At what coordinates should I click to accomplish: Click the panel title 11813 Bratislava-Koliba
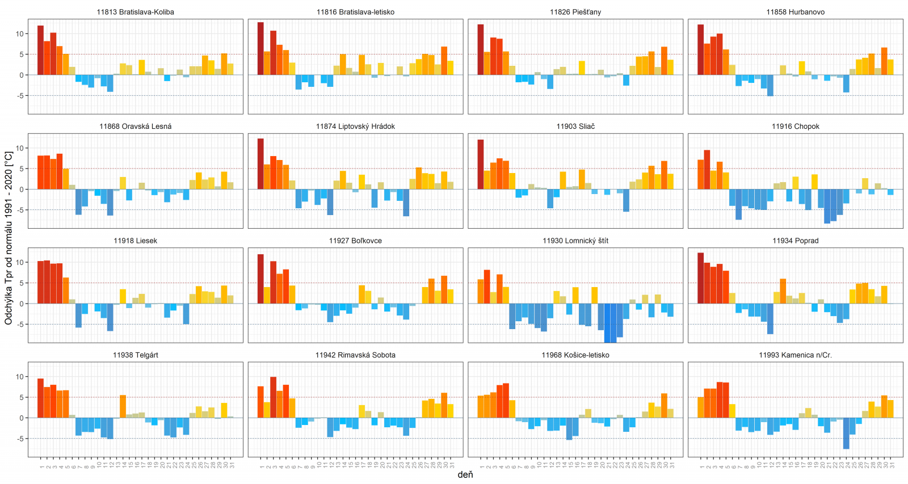point(135,12)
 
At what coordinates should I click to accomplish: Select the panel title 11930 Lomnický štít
point(575,241)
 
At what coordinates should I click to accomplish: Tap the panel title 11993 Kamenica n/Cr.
point(795,355)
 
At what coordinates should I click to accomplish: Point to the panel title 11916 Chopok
point(795,127)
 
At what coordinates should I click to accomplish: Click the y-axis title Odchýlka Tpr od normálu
point(9,238)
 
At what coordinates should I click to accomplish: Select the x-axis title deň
point(465,474)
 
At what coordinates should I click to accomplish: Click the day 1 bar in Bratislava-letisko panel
point(260,49)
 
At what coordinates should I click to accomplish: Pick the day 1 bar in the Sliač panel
point(481,165)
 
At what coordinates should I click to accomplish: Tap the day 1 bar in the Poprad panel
point(700,278)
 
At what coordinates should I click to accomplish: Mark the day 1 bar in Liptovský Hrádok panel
point(260,164)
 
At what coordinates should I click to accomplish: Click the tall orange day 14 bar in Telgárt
point(123,406)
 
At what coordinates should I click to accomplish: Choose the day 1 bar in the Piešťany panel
point(481,50)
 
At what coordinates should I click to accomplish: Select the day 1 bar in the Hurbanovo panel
point(700,50)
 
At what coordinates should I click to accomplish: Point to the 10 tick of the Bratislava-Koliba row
point(20,34)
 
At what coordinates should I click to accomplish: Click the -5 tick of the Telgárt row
point(20,439)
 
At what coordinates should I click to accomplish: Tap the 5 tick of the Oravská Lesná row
point(22,169)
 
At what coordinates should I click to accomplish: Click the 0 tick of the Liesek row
point(22,304)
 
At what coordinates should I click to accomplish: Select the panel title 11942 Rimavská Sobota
point(355,355)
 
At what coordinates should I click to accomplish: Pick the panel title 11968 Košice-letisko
point(575,355)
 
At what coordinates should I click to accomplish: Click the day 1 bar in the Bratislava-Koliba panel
point(40,50)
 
